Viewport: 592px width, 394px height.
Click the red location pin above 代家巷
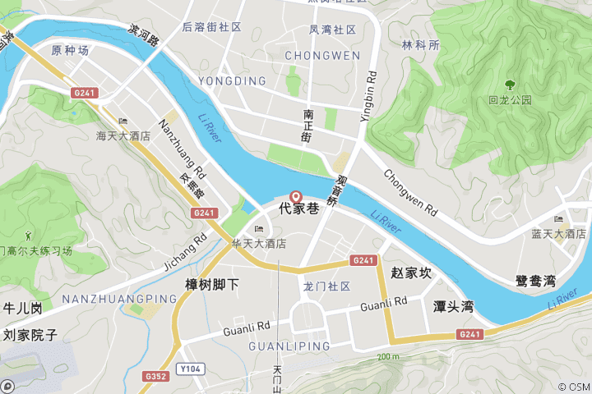297,197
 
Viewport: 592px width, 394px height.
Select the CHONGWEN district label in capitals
322,56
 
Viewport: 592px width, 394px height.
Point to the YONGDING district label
232,81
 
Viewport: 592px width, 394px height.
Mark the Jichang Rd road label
185,251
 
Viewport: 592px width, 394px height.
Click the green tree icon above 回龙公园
511,84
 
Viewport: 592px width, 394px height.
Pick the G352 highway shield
155,376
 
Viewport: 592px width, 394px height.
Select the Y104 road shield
191,369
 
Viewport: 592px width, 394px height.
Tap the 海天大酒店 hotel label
123,135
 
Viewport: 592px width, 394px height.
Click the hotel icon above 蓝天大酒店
559,220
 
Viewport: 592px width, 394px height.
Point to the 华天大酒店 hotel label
258,244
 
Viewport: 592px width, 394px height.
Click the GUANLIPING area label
289,346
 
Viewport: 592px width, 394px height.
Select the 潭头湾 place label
454,306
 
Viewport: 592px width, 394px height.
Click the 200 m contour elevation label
387,357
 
